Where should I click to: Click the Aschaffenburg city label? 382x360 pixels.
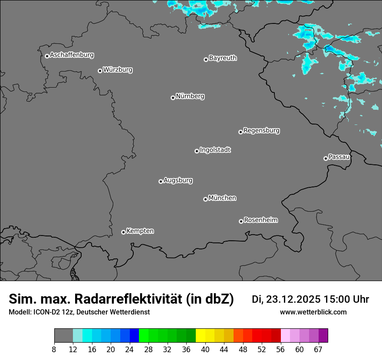tap(72, 55)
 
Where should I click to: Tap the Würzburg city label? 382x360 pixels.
tap(118, 70)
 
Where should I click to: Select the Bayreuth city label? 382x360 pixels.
tap(223, 58)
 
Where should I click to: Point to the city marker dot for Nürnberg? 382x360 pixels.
tap(173, 98)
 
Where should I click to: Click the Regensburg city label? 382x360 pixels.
tap(261, 131)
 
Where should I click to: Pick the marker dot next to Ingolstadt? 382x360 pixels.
tap(197, 151)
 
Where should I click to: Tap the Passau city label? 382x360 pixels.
tap(339, 157)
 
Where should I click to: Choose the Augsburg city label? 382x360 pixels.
tap(178, 180)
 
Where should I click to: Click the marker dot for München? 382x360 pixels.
tap(205, 199)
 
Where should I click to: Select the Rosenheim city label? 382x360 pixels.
tap(260, 220)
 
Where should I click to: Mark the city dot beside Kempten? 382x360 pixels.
tap(123, 232)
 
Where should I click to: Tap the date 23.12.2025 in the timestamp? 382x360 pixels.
tap(293, 299)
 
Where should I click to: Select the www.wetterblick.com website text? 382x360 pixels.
tap(313, 312)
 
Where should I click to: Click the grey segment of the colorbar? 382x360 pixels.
tap(63, 336)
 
